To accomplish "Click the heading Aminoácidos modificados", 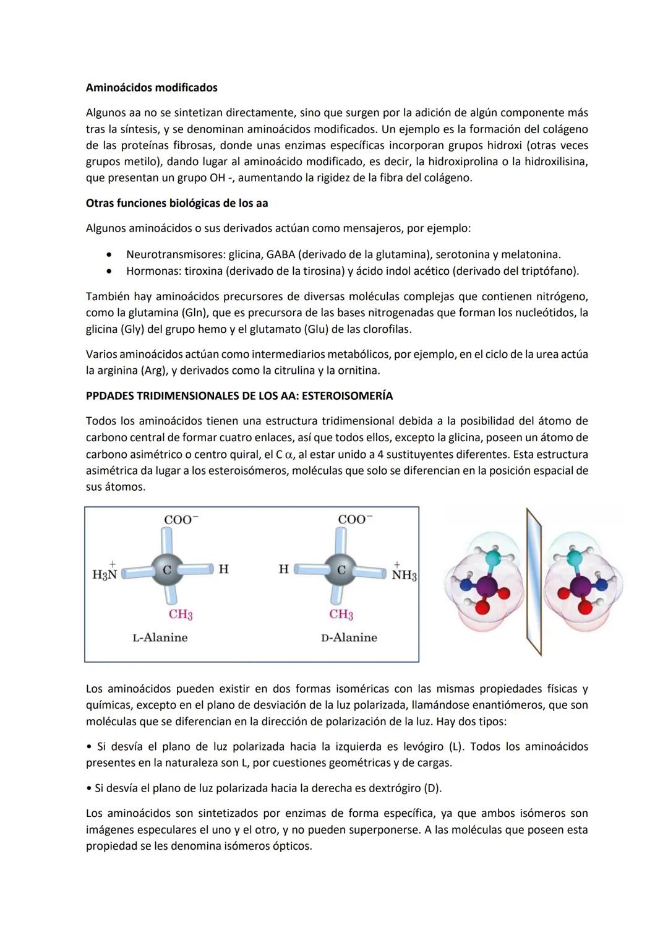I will click(x=152, y=88).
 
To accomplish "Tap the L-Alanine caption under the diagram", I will click(x=160, y=637).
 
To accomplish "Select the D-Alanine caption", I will click(x=349, y=637).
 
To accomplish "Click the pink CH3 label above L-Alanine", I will click(x=181, y=614).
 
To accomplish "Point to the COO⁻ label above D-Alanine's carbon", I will click(x=355, y=519).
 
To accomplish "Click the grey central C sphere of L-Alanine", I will click(x=166, y=569).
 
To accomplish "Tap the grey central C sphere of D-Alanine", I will click(x=341, y=569).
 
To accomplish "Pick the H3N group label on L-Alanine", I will click(x=105, y=574).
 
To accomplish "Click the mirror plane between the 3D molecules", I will click(x=533, y=582).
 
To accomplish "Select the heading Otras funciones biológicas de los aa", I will click(x=177, y=203).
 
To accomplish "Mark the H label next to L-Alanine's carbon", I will click(x=223, y=569).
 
